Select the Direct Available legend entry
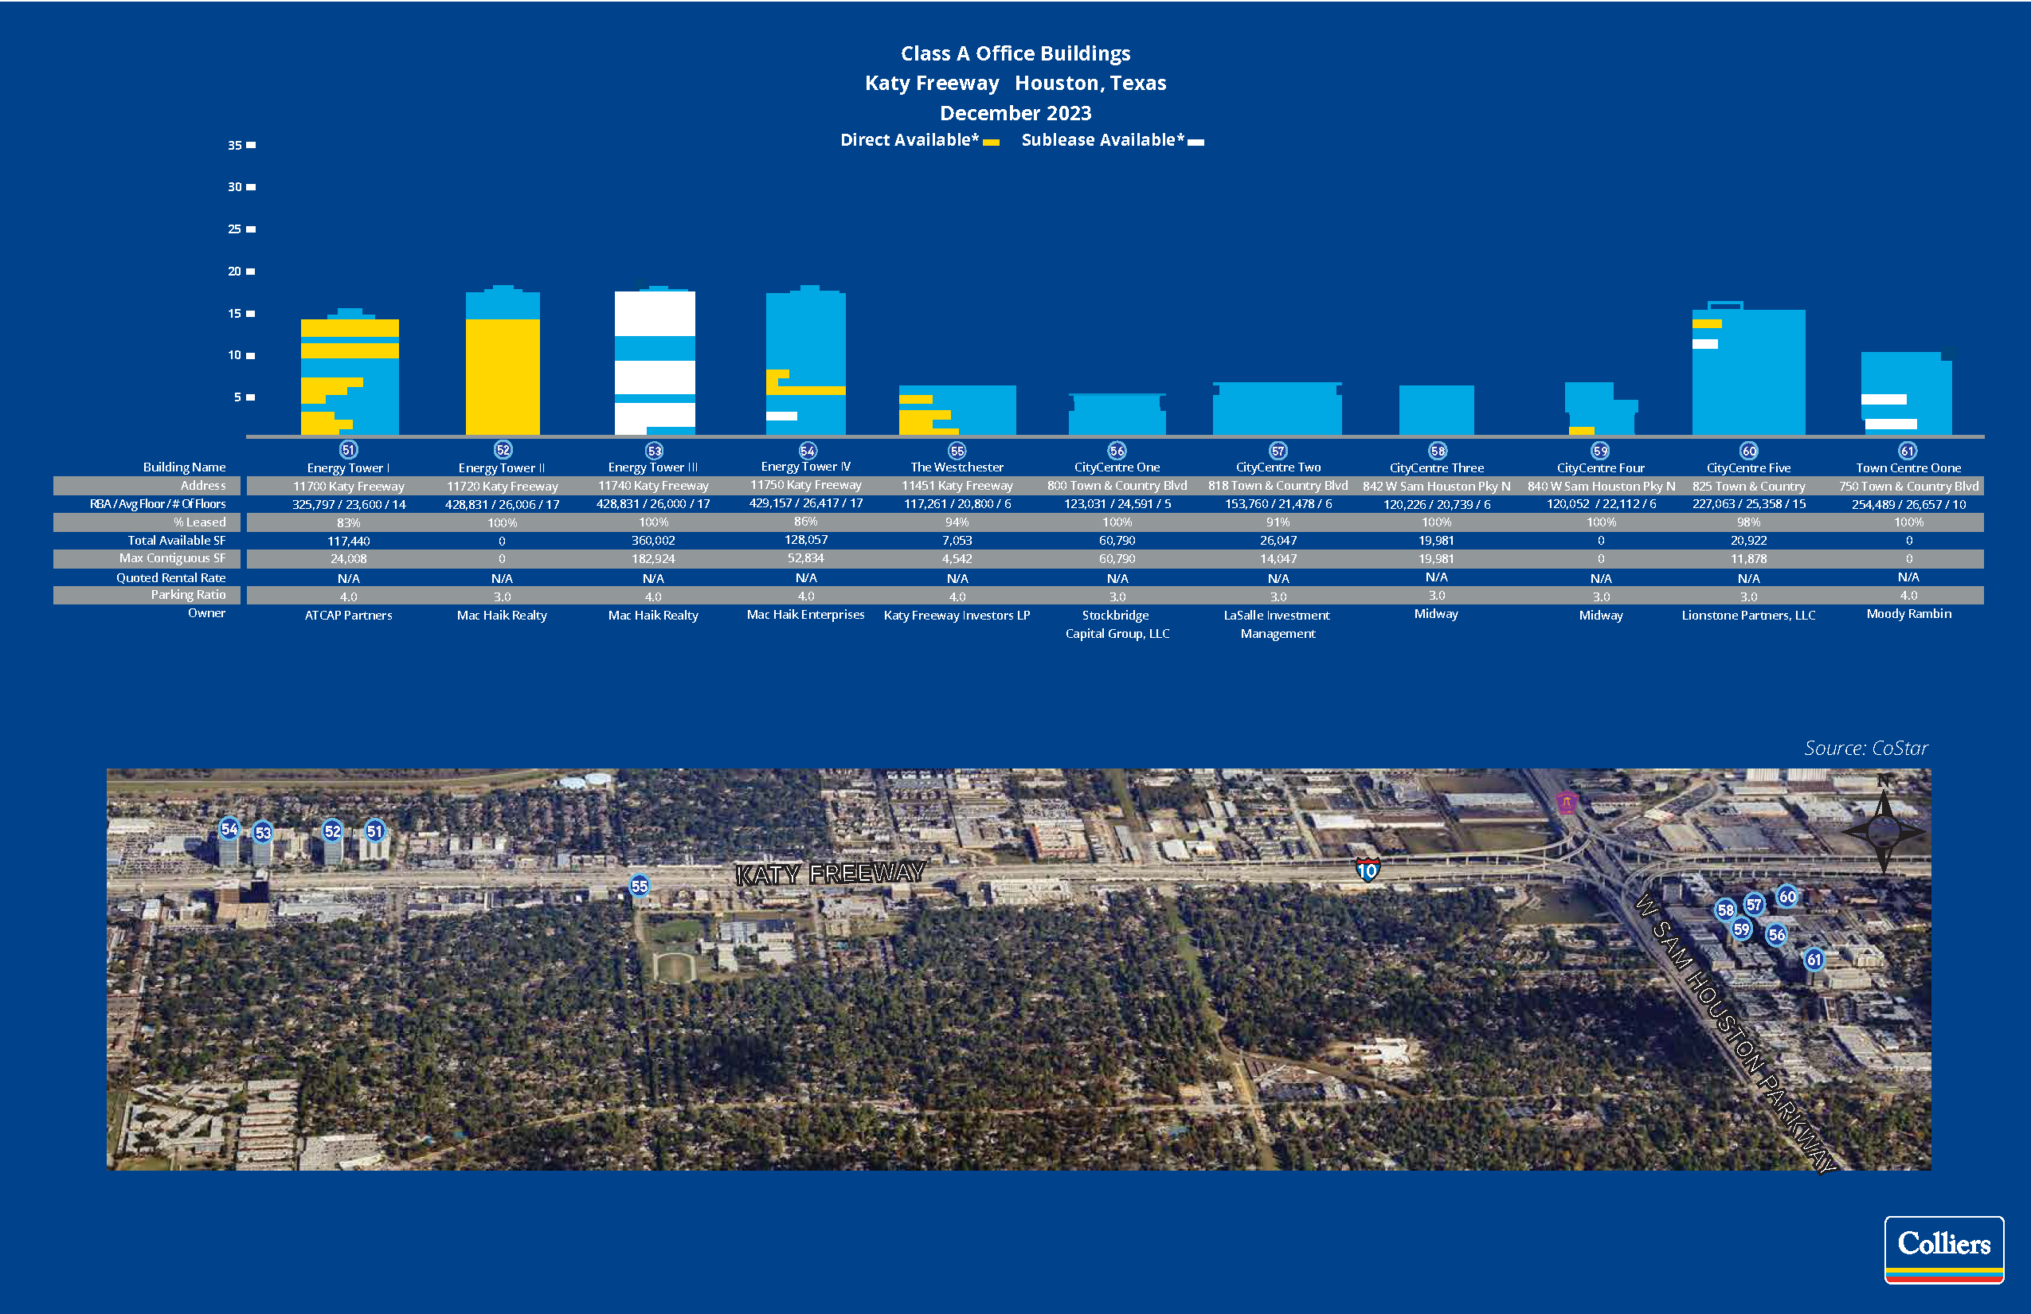tap(918, 141)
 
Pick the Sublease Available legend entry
tap(1111, 141)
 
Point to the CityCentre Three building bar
tap(1436, 410)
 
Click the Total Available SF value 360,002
tap(653, 540)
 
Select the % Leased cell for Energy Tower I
tap(348, 522)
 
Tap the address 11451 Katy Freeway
tap(957, 486)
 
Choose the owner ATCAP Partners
tap(348, 615)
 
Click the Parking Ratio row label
tap(188, 595)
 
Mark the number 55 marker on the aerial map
tap(639, 886)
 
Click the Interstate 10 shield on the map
tap(1367, 870)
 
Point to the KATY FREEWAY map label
tap(829, 874)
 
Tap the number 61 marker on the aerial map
tap(1814, 959)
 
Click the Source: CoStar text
tap(1865, 749)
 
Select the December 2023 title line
tap(1015, 112)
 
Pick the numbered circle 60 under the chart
tap(1748, 451)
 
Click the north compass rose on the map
tap(1883, 829)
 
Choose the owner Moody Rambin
tap(1908, 613)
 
